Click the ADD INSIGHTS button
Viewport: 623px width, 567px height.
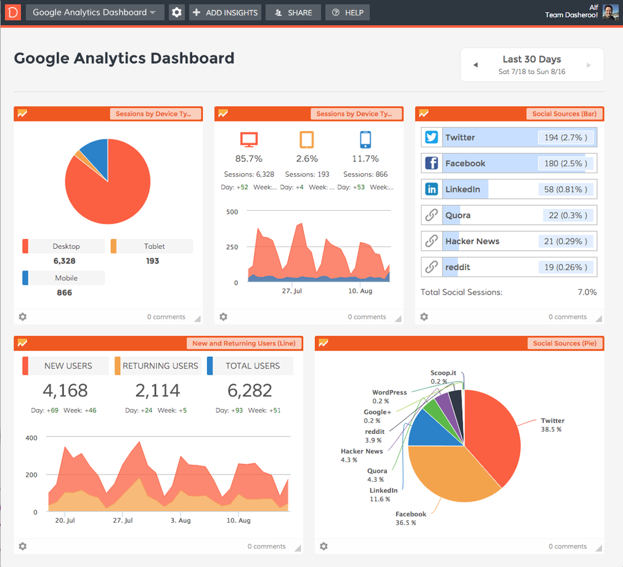(225, 12)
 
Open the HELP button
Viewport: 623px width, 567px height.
(347, 12)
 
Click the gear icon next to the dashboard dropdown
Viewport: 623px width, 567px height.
(177, 12)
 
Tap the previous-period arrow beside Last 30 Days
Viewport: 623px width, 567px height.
(475, 65)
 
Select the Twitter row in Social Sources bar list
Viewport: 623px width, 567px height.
(508, 137)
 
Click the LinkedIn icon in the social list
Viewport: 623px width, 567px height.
(432, 189)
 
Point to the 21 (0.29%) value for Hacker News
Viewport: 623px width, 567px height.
(566, 241)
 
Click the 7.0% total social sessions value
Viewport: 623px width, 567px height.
(587, 292)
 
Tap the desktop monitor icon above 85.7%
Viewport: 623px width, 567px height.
(249, 140)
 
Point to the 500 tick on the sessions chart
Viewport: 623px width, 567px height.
(232, 211)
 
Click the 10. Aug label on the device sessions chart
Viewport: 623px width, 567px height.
(360, 291)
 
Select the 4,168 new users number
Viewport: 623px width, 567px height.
(65, 390)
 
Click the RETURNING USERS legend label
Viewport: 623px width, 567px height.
(160, 365)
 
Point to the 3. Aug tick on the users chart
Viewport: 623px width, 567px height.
(181, 521)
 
